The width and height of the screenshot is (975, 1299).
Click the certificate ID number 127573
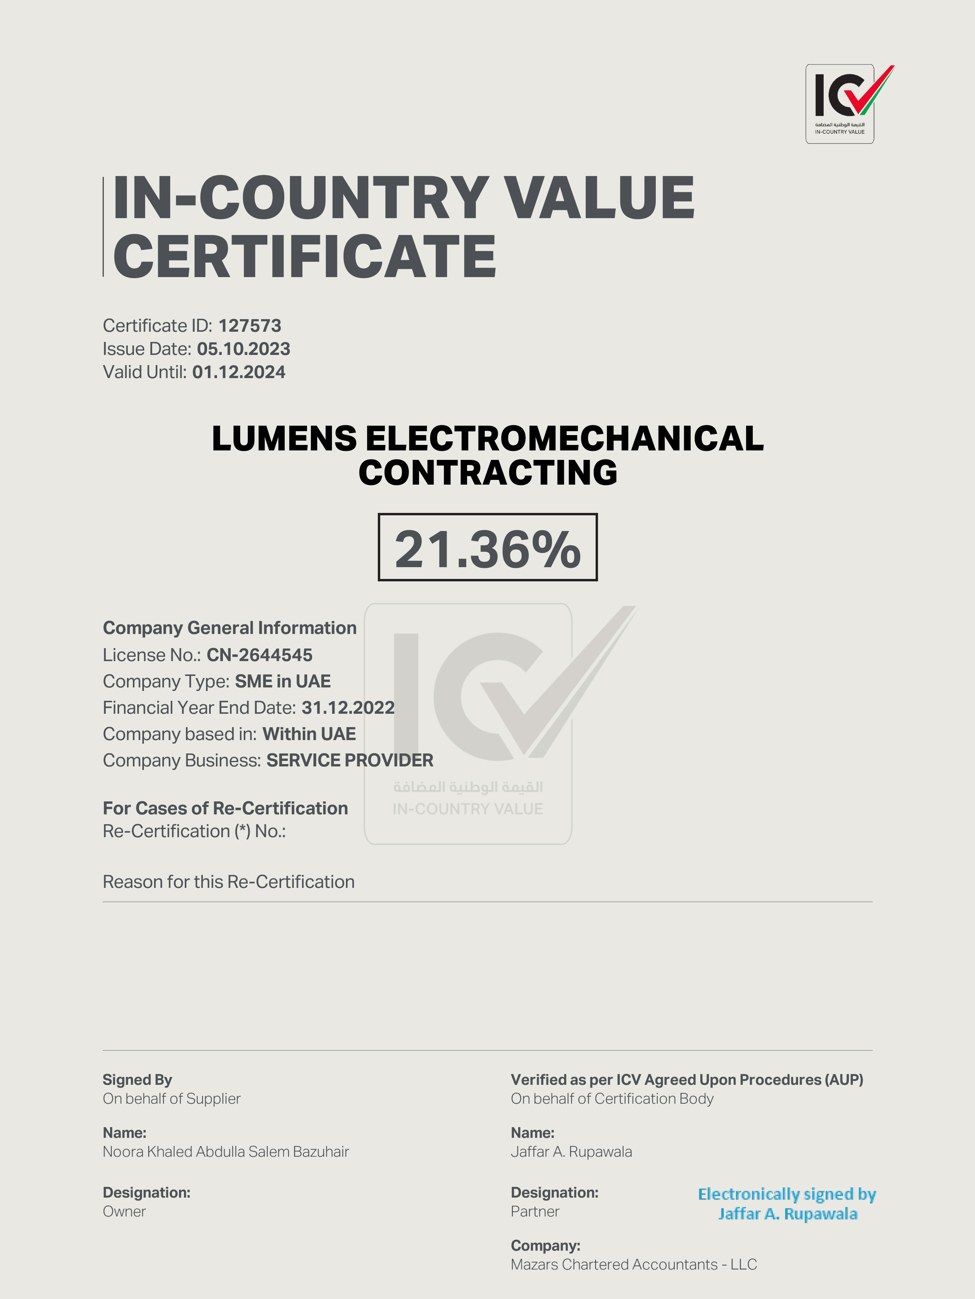(250, 326)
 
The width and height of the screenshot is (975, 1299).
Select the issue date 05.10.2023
(243, 349)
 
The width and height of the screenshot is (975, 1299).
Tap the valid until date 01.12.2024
(239, 372)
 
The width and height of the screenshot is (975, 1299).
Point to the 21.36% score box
(487, 548)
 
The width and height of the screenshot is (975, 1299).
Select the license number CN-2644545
(259, 655)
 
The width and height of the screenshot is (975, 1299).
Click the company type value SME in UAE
(283, 681)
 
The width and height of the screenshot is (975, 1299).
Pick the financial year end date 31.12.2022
(348, 707)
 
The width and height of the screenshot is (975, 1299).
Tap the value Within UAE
(309, 734)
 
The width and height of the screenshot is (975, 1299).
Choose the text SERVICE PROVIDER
(350, 761)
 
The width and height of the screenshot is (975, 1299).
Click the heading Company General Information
(230, 628)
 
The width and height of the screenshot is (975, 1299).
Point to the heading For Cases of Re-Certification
(225, 808)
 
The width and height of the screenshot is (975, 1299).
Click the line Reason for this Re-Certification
(228, 882)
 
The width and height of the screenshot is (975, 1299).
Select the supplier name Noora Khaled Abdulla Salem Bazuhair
(226, 1152)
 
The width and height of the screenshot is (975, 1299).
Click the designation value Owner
(124, 1211)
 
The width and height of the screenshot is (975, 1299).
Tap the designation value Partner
(535, 1211)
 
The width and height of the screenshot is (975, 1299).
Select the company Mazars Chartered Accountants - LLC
(633, 1264)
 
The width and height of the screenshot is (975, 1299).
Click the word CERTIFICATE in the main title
(304, 257)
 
